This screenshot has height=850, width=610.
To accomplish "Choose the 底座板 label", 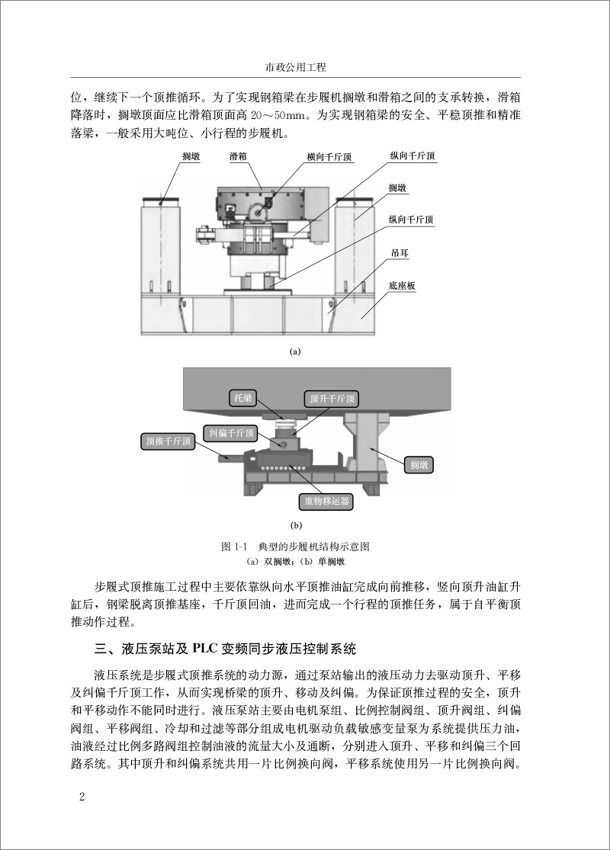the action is click(402, 286).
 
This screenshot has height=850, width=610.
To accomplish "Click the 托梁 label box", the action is click(242, 397).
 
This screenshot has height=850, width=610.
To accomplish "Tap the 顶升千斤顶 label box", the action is click(331, 399).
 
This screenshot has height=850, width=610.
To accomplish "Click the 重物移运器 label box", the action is click(326, 501).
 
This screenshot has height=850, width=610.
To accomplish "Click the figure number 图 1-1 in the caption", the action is click(230, 547).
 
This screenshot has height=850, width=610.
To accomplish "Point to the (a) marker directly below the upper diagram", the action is click(296, 351).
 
